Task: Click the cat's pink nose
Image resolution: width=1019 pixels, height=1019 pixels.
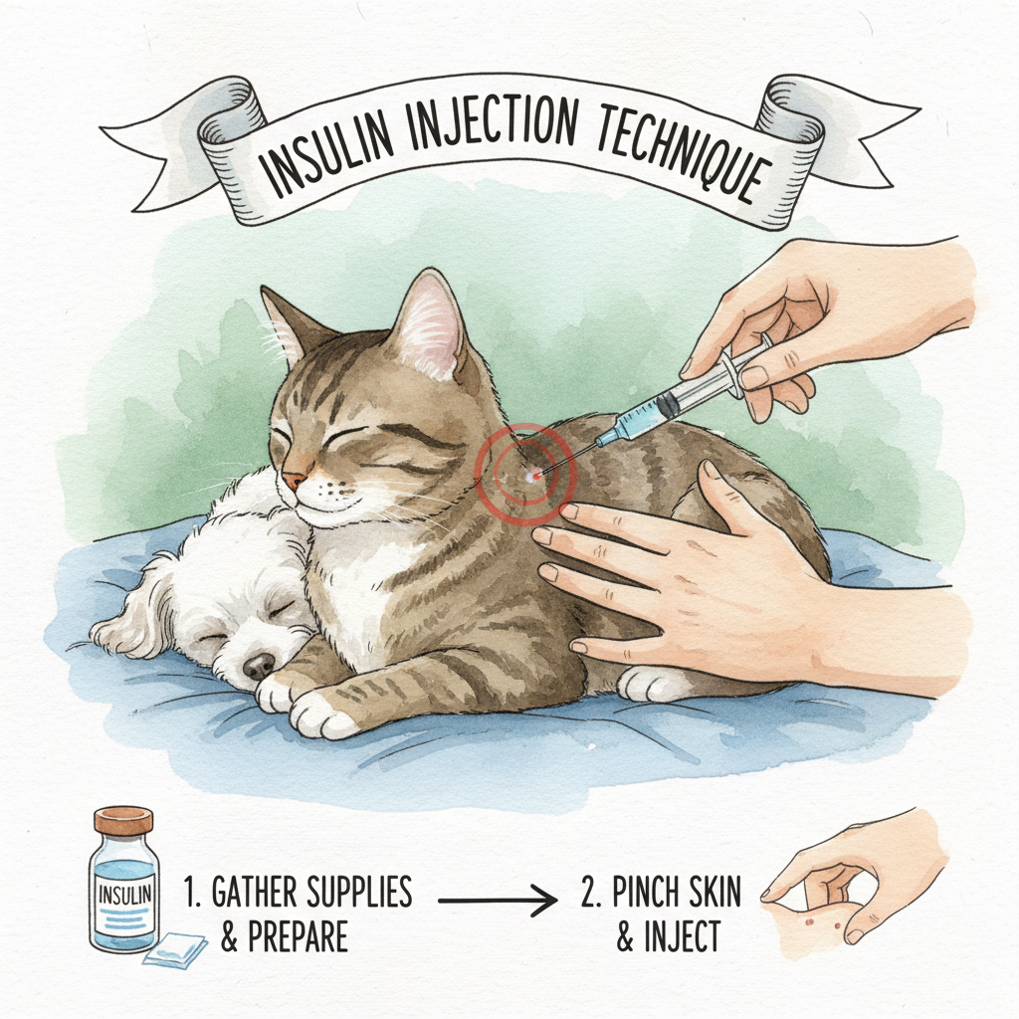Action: point(294,481)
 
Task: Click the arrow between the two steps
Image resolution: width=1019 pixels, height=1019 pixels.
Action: point(498,901)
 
